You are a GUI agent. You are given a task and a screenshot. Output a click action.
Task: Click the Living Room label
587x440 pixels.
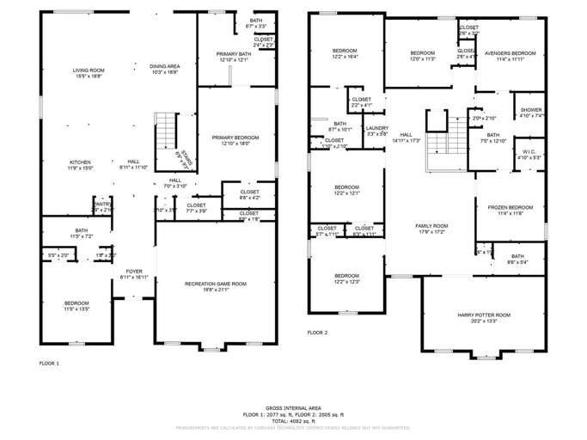88,70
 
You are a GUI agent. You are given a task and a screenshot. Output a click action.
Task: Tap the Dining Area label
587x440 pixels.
164,66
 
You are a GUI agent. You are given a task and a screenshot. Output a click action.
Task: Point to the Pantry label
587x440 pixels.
103,204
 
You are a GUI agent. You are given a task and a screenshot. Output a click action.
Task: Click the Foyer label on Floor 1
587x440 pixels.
133,272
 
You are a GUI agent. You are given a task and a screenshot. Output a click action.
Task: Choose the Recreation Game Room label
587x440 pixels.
216,284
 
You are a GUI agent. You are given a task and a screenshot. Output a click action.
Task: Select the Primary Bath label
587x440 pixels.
233,53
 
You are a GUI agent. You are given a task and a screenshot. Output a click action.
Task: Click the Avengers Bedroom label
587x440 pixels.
510,53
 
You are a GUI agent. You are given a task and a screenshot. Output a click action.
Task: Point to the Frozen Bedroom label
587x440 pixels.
510,208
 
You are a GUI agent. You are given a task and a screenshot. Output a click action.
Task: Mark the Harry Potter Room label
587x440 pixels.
484,315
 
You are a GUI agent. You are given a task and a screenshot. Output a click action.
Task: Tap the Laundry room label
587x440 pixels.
377,128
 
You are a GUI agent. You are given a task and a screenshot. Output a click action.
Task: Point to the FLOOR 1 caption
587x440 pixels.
49,364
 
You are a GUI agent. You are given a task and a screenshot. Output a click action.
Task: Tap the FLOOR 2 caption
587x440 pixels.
318,332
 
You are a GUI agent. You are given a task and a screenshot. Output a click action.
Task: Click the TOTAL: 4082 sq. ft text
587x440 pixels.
294,420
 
